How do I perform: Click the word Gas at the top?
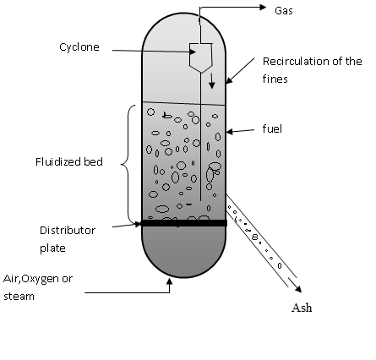click(284, 11)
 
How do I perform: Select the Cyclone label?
click(79, 47)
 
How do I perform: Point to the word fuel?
click(271, 130)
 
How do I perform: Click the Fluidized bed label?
click(71, 162)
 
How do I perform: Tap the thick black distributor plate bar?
click(183, 223)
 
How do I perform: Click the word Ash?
click(302, 308)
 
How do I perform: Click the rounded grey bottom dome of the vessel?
click(183, 249)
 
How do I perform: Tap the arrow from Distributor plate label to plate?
click(127, 225)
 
